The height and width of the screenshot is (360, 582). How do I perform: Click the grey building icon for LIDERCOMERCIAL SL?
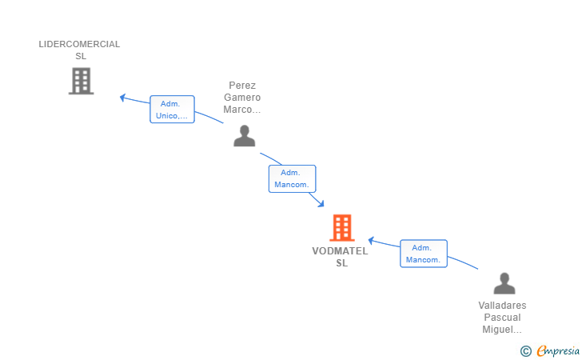(x=81, y=81)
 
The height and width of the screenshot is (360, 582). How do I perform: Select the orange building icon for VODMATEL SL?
(x=341, y=228)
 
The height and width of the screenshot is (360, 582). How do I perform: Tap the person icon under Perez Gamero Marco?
(x=244, y=136)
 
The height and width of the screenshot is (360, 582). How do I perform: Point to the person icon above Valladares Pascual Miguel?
(x=504, y=283)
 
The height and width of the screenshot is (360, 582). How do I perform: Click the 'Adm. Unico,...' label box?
(x=172, y=110)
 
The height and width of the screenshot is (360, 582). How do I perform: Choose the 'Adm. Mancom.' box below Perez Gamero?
(x=292, y=178)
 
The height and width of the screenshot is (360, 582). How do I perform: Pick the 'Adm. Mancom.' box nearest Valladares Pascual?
(x=423, y=254)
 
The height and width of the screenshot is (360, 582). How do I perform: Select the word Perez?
(x=242, y=86)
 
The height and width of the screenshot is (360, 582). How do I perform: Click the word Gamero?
(x=242, y=98)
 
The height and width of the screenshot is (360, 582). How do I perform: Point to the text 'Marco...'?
(x=242, y=110)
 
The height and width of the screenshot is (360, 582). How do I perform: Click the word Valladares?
(x=502, y=306)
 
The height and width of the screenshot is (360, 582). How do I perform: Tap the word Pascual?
(x=502, y=318)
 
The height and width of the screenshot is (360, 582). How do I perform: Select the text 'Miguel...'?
(x=502, y=330)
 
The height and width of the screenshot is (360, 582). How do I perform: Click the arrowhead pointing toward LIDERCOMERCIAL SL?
(x=123, y=98)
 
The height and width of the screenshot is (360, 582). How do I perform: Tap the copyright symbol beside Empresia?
(x=525, y=350)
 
